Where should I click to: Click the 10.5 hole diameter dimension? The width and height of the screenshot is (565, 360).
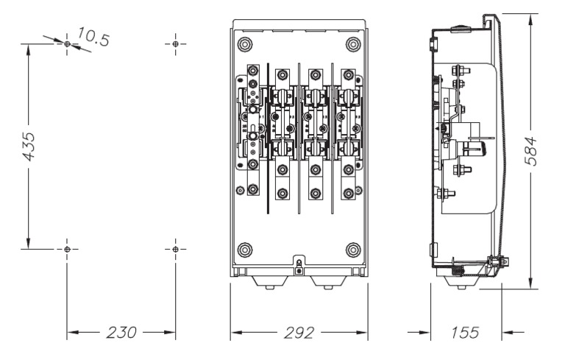93,36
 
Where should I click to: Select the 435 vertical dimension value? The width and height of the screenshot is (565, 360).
29,147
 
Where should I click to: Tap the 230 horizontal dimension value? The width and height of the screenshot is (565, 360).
121,333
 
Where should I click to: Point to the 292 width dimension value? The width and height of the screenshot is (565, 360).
299,333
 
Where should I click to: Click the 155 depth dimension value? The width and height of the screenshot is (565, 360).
465,333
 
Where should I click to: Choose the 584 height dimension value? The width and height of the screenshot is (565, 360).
530,151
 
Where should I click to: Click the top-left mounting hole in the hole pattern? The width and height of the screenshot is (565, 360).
67,44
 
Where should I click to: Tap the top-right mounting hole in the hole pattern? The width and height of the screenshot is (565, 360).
176,44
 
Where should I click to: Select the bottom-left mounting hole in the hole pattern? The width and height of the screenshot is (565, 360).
67,250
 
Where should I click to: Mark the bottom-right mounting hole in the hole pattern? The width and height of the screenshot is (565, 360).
176,250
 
